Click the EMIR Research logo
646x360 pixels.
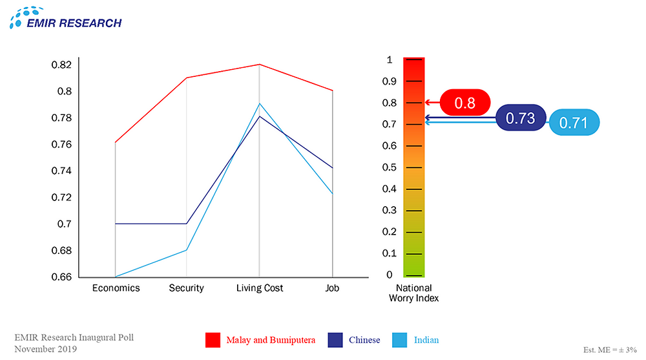click(x=65, y=17)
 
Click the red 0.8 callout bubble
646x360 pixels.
click(x=465, y=102)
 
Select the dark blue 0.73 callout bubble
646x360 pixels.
click(x=521, y=118)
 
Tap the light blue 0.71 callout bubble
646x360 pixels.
click(x=574, y=123)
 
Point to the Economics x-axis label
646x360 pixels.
click(x=116, y=288)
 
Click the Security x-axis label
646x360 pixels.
click(x=187, y=288)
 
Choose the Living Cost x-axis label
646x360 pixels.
click(x=260, y=288)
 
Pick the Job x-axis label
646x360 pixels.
click(x=333, y=288)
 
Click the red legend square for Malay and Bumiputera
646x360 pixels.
click(x=214, y=340)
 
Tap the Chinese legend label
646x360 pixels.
click(x=364, y=340)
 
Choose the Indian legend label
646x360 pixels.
click(x=426, y=340)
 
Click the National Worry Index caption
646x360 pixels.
click(x=413, y=293)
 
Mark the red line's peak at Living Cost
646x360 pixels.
click(x=260, y=65)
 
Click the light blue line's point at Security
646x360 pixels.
click(x=187, y=250)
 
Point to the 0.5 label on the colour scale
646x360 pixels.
click(x=390, y=167)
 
